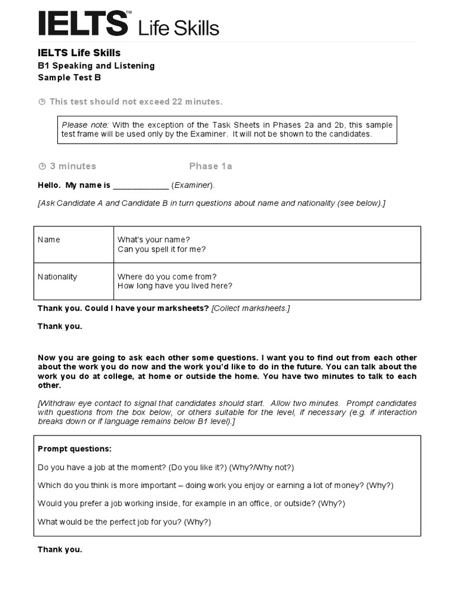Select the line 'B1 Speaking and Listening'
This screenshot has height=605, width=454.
pyautogui.click(x=96, y=66)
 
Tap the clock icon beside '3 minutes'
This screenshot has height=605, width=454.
pyautogui.click(x=42, y=167)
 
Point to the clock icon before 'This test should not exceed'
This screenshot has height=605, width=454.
pyautogui.click(x=42, y=102)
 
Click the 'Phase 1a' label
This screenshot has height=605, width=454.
pyautogui.click(x=210, y=166)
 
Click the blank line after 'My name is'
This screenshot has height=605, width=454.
pyautogui.click(x=141, y=186)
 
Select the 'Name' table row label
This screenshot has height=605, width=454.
pyautogui.click(x=49, y=240)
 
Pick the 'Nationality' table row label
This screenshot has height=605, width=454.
pyautogui.click(x=57, y=277)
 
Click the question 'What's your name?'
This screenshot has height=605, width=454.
pyautogui.click(x=154, y=240)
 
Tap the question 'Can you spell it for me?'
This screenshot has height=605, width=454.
pyautogui.click(x=161, y=249)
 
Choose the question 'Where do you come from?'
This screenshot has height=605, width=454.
pyautogui.click(x=167, y=277)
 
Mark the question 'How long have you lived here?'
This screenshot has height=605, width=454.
pyautogui.click(x=174, y=286)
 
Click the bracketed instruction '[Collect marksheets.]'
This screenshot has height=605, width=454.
pyautogui.click(x=251, y=308)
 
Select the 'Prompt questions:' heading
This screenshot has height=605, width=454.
pyautogui.click(x=74, y=449)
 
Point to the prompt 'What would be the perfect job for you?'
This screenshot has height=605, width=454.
pyautogui.click(x=110, y=522)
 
